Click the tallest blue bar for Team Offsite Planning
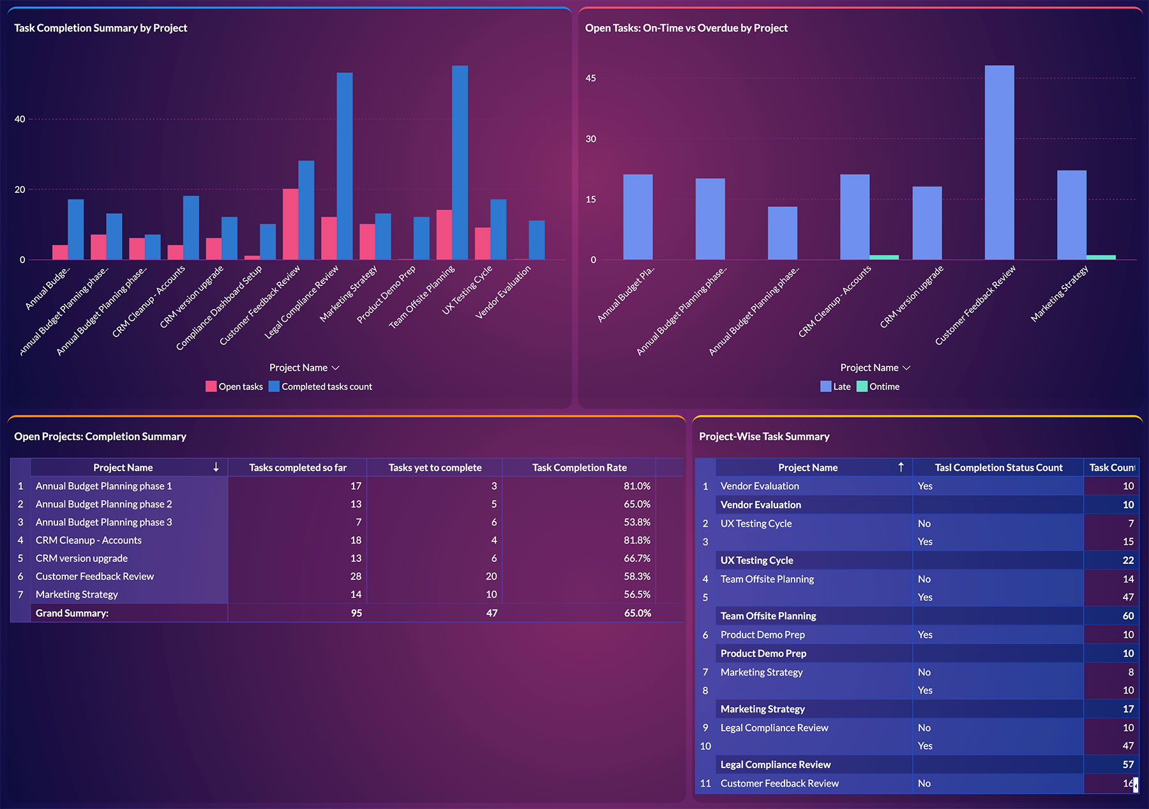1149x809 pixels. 460,163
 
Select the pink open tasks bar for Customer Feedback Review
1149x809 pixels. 290,224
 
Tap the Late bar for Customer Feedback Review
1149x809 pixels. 999,163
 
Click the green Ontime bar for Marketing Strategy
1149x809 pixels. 1100,257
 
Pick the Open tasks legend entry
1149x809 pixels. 234,386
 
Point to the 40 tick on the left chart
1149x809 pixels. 20,119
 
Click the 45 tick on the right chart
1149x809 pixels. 590,79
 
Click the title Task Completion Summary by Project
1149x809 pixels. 100,28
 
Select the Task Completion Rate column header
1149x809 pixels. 579,467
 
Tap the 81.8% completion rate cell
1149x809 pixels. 636,540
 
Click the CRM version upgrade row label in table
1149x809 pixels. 82,558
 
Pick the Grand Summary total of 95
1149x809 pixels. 356,613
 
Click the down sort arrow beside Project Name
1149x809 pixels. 216,467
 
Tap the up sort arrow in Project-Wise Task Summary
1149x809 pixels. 901,467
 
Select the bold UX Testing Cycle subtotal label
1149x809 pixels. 756,561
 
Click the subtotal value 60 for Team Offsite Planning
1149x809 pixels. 1128,616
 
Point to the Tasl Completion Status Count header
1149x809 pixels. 998,467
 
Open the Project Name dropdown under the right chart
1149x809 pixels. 875,368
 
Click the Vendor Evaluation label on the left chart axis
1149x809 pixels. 504,292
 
